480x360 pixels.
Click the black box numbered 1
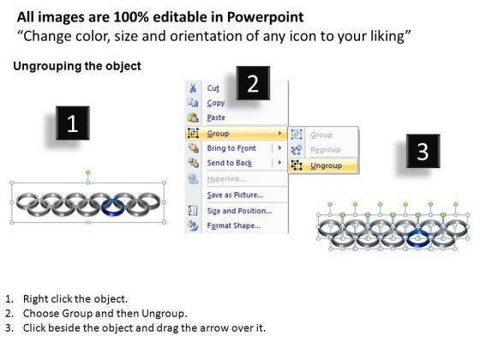(x=73, y=123)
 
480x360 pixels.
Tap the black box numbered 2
(x=253, y=83)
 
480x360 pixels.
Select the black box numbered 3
(x=423, y=151)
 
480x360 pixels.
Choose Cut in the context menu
(x=213, y=88)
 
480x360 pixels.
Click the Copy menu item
(x=216, y=103)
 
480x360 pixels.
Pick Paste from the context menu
(x=216, y=117)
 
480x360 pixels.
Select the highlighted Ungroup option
(x=326, y=165)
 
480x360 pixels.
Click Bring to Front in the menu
(x=231, y=148)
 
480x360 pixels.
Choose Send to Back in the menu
(x=230, y=163)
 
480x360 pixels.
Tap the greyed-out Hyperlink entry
(x=226, y=179)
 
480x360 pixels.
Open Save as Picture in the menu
(x=235, y=195)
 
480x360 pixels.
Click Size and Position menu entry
(x=239, y=211)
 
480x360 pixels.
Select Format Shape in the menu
(x=234, y=225)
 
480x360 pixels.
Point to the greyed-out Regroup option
(x=326, y=150)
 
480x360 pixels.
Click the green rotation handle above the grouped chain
(x=88, y=173)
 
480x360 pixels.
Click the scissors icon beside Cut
(x=193, y=88)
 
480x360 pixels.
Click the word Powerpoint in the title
(x=265, y=17)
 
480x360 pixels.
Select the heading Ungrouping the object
(x=77, y=66)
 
